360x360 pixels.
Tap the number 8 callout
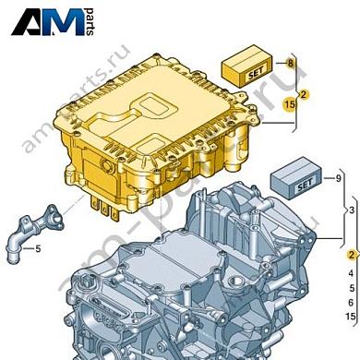point(289,63)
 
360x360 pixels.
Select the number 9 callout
point(339,176)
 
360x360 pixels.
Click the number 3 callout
point(351,211)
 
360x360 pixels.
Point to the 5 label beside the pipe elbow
point(39,248)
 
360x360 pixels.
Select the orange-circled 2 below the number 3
point(351,256)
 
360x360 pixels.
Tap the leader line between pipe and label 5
point(30,247)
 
